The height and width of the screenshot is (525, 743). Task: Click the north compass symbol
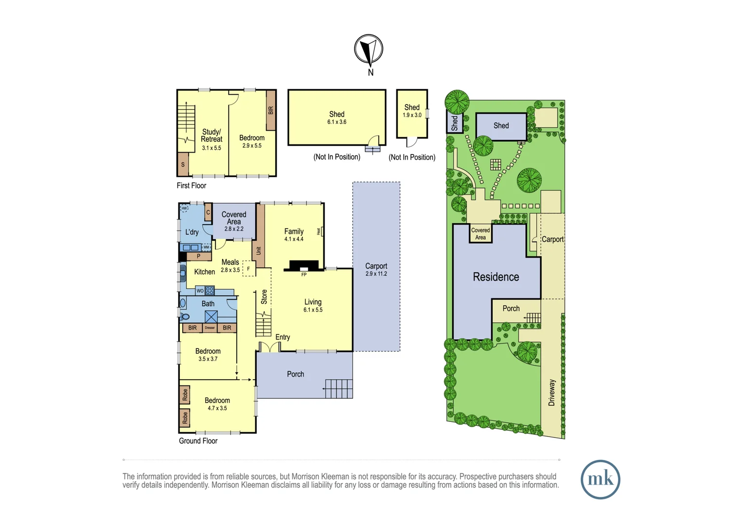click(x=369, y=50)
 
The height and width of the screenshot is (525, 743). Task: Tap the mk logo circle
click(x=600, y=479)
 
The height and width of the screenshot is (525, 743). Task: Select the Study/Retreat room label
click(x=212, y=136)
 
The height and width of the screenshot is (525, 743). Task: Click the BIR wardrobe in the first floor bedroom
click(x=271, y=110)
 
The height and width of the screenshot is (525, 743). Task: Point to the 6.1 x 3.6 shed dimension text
click(x=336, y=122)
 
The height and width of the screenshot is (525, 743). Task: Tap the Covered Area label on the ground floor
click(x=234, y=218)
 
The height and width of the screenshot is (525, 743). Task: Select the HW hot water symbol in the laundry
click(x=184, y=209)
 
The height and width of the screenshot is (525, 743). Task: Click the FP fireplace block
click(x=304, y=266)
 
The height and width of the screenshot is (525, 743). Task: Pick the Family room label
click(x=294, y=231)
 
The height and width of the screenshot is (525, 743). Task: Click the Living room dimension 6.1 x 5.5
click(x=313, y=310)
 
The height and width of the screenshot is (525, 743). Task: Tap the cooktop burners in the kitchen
click(x=210, y=291)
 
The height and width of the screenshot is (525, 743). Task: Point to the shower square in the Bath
click(x=211, y=317)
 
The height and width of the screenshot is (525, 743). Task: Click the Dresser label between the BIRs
click(x=210, y=328)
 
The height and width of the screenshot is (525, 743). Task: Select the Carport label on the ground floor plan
click(x=376, y=266)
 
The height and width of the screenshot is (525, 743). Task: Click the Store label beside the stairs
click(x=264, y=297)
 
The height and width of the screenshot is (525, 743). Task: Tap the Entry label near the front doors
click(x=283, y=337)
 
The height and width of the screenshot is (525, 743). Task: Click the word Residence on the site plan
click(x=496, y=277)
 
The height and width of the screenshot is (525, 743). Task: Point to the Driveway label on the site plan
click(x=551, y=393)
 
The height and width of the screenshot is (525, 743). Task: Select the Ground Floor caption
click(x=198, y=441)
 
